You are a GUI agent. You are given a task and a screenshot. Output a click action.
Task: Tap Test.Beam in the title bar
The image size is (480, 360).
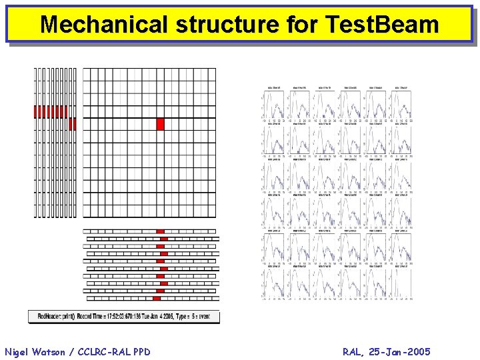383,25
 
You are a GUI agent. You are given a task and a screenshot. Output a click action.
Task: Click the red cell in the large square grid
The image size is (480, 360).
160,124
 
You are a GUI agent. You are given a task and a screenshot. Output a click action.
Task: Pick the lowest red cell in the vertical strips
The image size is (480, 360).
73,124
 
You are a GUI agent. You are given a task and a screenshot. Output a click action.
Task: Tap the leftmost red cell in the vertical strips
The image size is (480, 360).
37,111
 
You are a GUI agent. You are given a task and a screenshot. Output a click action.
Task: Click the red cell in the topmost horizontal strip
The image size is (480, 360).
160,231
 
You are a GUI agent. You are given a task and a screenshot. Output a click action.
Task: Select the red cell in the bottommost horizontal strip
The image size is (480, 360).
157,298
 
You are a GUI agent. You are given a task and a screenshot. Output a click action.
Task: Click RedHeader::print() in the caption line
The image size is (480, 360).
56,316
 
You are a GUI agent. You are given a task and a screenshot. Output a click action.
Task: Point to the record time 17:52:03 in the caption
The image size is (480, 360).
111,316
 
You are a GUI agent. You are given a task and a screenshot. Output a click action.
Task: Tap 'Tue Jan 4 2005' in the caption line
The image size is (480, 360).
161,316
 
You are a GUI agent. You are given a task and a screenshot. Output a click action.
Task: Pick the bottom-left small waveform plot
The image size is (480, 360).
274,283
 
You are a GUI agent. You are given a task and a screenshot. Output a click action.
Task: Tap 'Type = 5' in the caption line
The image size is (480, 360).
193,316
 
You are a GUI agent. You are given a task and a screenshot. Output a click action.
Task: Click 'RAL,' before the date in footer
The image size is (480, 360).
353,351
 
